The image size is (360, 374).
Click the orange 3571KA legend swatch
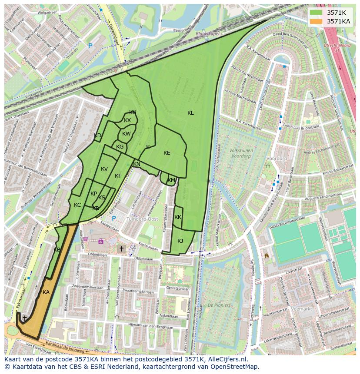[316, 21]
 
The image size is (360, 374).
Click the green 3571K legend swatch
[316, 13]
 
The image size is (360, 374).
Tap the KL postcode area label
[190, 113]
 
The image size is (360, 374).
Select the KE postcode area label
[167, 153]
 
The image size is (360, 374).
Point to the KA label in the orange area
[46, 292]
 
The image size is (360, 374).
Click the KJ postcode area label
[180, 241]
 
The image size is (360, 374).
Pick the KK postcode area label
[178, 217]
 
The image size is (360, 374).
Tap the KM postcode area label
[171, 180]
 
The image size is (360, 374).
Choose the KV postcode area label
[104, 169]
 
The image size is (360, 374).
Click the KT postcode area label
[118, 176]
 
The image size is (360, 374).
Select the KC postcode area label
[77, 205]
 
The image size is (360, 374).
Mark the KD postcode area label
[97, 136]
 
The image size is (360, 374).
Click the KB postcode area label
[57, 250]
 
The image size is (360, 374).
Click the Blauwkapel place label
[207, 33]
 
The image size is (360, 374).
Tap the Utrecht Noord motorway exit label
[331, 47]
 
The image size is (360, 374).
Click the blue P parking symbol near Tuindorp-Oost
[114, 218]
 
